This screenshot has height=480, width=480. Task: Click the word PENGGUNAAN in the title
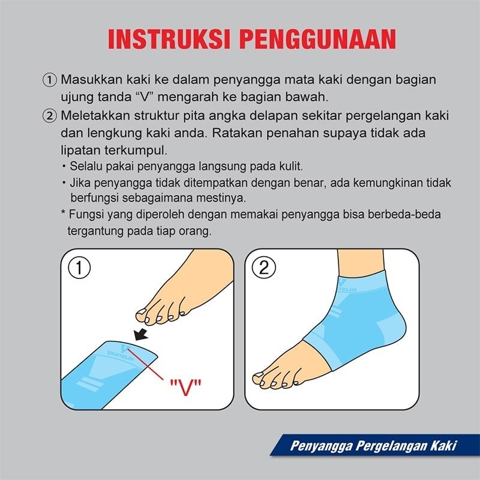coord(317,38)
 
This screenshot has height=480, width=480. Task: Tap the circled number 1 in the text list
coord(50,80)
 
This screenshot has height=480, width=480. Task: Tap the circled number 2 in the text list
coord(50,115)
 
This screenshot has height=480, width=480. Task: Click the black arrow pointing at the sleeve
coord(143,332)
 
